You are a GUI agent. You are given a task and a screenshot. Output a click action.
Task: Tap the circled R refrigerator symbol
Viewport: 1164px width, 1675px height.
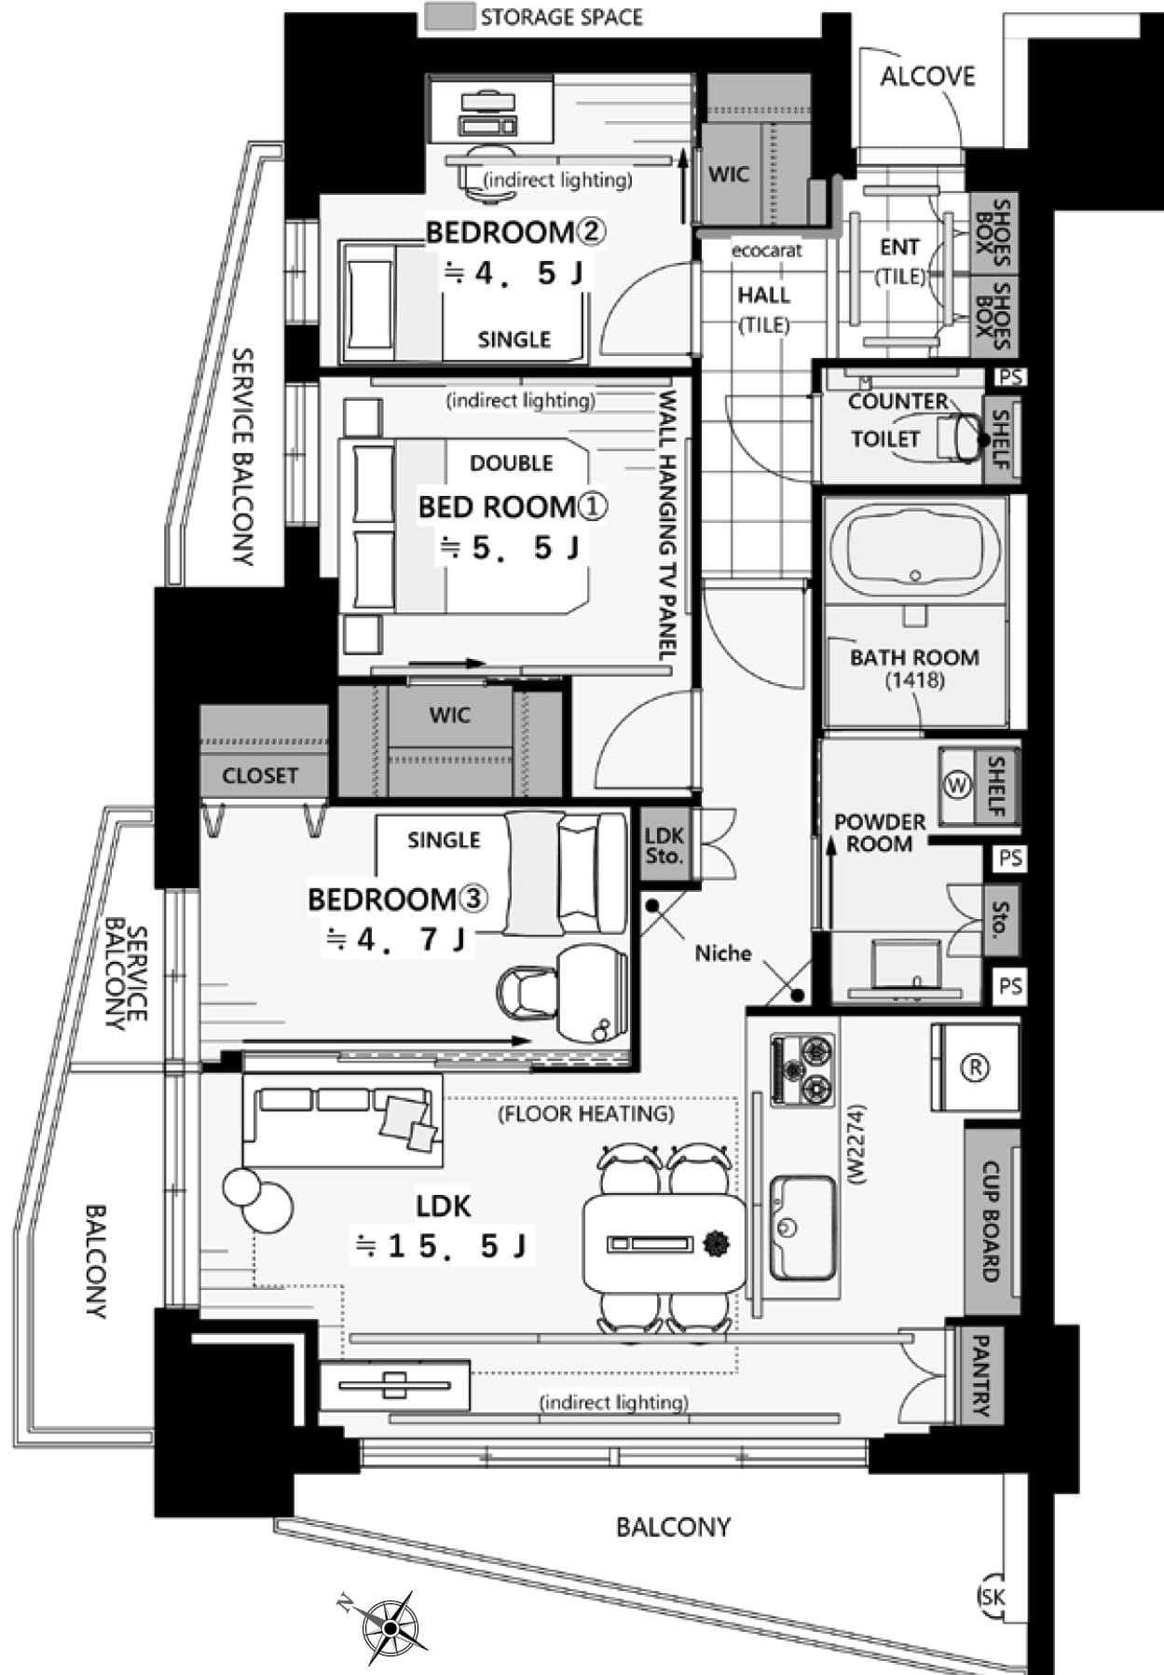tap(975, 1067)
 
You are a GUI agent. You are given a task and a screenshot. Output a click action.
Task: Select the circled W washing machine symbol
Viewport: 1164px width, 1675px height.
tap(957, 785)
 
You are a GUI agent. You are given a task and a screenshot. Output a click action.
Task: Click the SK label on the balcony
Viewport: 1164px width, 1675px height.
tap(993, 1597)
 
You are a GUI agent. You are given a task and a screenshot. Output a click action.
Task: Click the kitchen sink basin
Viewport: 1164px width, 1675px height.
tap(801, 1227)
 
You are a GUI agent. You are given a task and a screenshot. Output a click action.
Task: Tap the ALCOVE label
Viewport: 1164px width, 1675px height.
tap(927, 76)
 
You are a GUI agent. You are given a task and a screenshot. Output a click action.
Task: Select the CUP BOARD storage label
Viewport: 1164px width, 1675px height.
tap(991, 1221)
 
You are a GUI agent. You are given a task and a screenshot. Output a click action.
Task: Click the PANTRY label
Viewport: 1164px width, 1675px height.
tap(979, 1376)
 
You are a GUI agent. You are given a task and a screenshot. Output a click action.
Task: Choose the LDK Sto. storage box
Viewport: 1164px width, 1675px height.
tap(664, 844)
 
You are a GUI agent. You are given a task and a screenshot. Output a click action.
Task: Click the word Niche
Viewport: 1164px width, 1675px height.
tap(723, 953)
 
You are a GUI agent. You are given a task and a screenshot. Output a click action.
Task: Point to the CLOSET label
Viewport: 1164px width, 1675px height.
tap(260, 776)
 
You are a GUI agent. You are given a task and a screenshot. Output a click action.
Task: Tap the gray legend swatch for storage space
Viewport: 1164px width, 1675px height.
tap(449, 17)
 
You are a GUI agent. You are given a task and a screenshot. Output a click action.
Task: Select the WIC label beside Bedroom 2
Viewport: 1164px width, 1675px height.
tap(729, 174)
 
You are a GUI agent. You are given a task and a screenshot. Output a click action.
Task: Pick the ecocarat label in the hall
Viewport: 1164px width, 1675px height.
tap(766, 251)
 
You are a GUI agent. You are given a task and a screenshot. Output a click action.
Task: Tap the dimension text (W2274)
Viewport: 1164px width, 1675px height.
tap(857, 1145)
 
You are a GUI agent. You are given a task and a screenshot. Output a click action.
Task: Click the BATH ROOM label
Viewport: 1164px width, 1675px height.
tap(914, 657)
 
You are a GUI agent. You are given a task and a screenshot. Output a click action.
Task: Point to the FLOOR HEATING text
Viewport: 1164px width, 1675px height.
tap(586, 1114)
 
